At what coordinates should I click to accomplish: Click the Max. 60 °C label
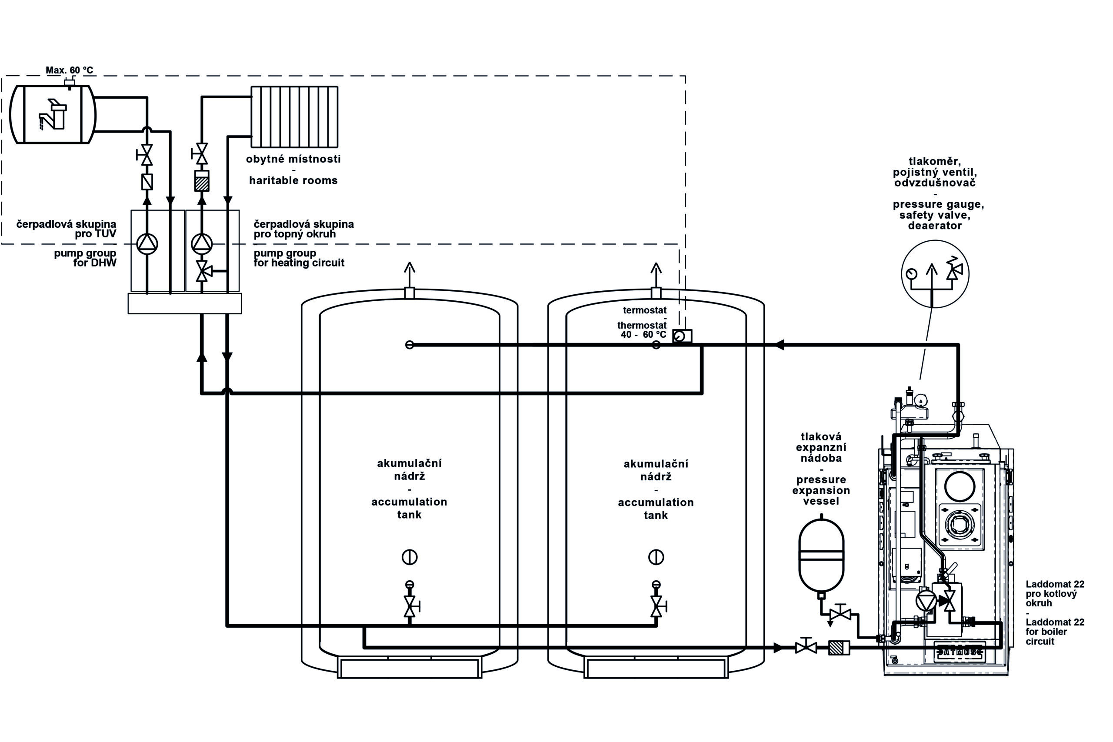point(69,70)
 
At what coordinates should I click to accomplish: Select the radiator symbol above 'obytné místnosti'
point(294,116)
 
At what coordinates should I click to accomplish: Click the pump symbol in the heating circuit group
point(202,244)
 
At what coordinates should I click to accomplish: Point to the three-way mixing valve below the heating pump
point(202,272)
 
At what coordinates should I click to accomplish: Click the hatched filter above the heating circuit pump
point(202,182)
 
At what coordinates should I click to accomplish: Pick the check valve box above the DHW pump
point(147,182)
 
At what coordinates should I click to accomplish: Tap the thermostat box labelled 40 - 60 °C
point(682,336)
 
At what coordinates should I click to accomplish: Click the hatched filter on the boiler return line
point(839,648)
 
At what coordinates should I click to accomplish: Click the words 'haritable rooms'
point(293,180)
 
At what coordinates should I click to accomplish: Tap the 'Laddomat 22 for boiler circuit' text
point(1054,631)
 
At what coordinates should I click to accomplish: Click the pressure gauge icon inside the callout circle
point(910,273)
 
